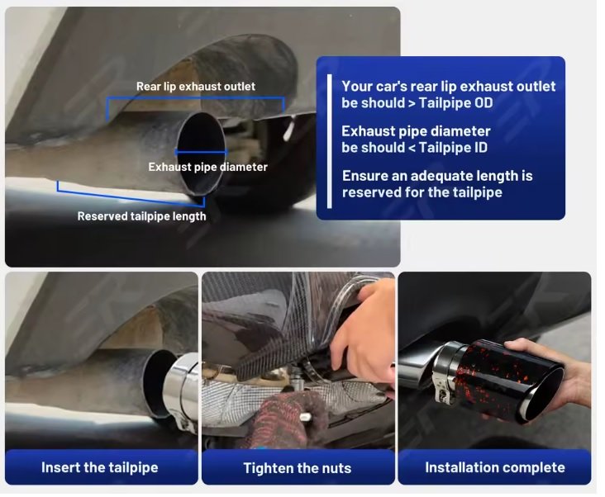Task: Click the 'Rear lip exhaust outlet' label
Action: (196, 87)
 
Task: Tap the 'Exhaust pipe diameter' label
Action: (207, 167)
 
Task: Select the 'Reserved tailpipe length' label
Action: (141, 216)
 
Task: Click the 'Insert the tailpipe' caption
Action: (99, 467)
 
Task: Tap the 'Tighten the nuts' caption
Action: (297, 468)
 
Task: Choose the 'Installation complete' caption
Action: (494, 467)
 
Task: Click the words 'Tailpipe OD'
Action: (455, 103)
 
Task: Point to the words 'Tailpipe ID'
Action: (453, 148)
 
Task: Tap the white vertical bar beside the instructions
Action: (329, 141)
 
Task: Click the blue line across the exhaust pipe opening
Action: (202, 152)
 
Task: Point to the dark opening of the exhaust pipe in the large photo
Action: (202, 152)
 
